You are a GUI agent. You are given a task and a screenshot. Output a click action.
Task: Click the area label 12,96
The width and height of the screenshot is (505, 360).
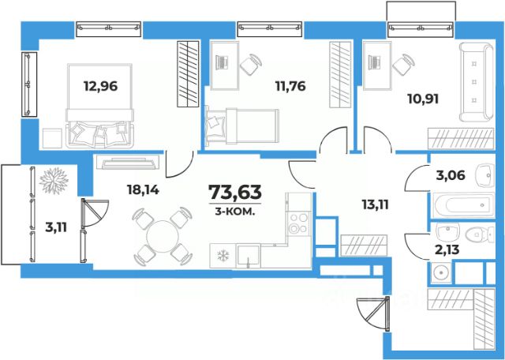tap(100, 86)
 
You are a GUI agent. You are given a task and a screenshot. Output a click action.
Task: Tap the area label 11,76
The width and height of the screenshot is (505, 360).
tap(290, 86)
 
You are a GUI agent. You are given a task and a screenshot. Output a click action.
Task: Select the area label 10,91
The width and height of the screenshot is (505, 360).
tap(423, 99)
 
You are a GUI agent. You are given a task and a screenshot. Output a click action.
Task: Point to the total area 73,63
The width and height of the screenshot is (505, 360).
tap(235, 192)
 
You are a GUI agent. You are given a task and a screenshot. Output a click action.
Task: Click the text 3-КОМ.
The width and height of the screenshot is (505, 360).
tap(235, 212)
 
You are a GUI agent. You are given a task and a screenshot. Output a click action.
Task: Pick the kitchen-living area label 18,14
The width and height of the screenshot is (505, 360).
tap(143, 189)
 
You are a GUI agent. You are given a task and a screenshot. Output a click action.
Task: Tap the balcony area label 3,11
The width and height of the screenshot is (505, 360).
tap(56, 227)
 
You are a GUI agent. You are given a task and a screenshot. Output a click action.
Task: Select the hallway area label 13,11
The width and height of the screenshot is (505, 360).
tap(376, 204)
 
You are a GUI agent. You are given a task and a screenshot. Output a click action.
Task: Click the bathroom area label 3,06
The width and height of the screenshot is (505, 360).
tap(451, 175)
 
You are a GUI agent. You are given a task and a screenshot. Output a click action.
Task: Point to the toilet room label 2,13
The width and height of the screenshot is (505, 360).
tap(447, 249)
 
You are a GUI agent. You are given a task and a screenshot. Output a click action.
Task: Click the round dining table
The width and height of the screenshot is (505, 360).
tap(162, 236)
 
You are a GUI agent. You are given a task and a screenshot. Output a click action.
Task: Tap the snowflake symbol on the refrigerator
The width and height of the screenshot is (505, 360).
tap(223, 256)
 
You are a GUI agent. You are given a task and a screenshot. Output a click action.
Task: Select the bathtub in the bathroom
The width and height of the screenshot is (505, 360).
tap(464, 205)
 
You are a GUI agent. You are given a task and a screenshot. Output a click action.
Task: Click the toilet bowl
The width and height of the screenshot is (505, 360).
tap(480, 234)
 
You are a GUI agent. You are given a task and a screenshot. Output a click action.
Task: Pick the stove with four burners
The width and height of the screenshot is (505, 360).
tap(298, 223)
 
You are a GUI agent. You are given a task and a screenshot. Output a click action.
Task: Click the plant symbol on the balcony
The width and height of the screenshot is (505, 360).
tap(54, 181)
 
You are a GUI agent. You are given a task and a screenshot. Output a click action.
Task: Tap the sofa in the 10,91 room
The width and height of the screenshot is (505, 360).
tap(476, 82)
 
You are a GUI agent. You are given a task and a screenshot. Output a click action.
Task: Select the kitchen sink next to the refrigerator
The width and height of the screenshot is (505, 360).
tap(248, 256)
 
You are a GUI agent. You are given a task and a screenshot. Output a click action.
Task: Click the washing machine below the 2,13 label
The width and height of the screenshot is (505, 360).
tap(440, 272)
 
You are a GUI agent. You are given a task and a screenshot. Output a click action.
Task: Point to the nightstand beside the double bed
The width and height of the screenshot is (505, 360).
tap(52, 138)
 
